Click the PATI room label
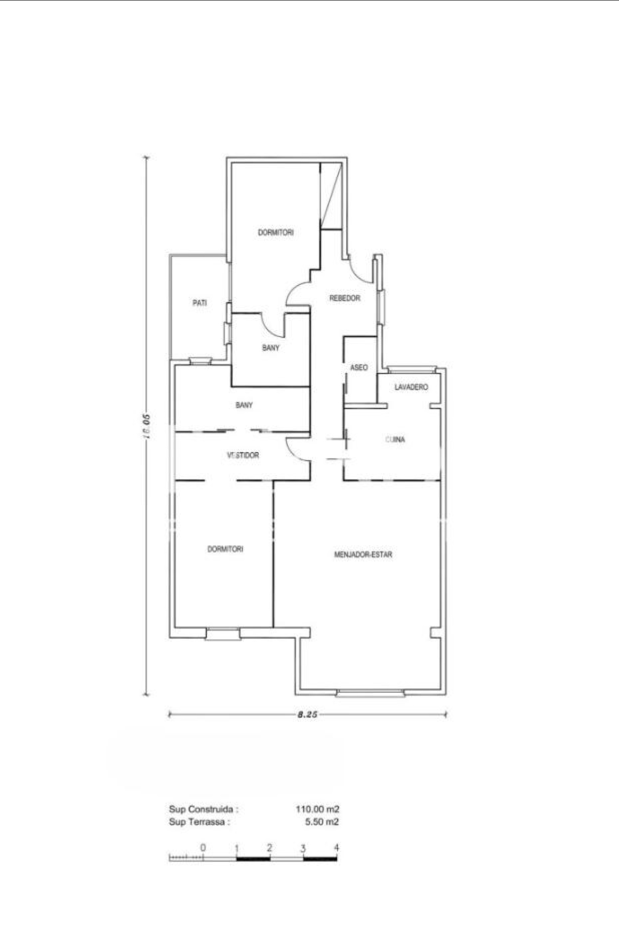point(200,303)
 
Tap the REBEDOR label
point(345,298)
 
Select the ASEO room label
point(359,367)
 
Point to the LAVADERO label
point(411,387)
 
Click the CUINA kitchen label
point(395,440)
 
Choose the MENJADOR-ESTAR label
point(363,554)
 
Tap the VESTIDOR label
point(243,455)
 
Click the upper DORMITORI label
point(276,232)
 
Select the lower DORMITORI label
point(225,549)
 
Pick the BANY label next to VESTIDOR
point(244,405)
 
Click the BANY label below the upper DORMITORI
point(271,348)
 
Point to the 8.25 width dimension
point(308,715)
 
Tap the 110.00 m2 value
point(317,809)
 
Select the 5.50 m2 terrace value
point(322,822)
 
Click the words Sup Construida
point(204,809)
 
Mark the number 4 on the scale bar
point(336,847)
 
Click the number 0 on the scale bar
point(203,847)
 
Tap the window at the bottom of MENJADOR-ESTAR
point(370,693)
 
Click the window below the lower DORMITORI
point(223,635)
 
